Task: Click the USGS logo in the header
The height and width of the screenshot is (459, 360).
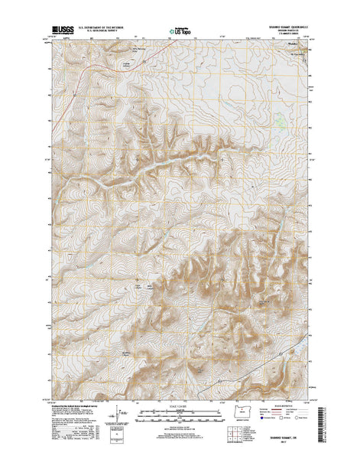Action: click(57, 31)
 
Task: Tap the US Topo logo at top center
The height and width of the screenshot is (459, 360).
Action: click(180, 32)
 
